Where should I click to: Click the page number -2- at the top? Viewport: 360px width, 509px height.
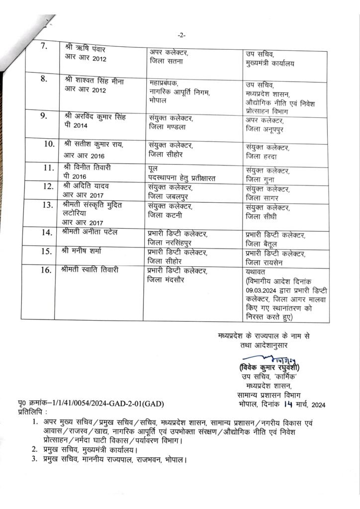point(180,35)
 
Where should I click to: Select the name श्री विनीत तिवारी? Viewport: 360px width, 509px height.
point(90,168)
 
